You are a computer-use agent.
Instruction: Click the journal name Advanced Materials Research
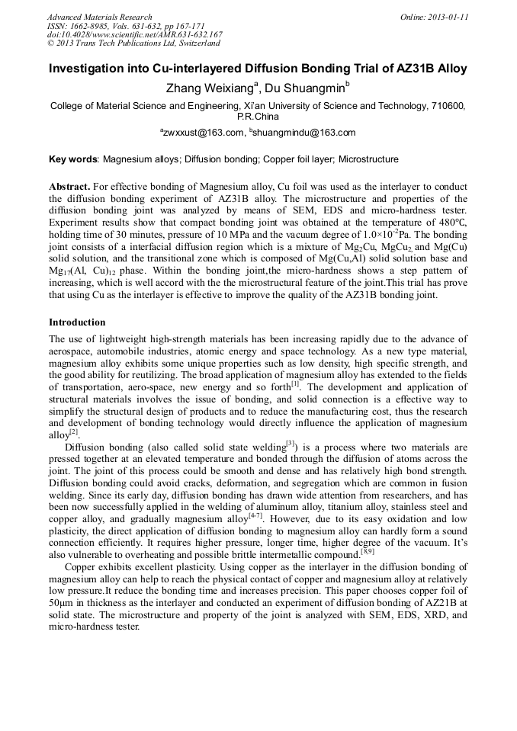click(x=99, y=17)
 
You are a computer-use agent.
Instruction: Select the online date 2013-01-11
click(x=445, y=17)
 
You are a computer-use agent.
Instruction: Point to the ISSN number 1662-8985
click(x=90, y=26)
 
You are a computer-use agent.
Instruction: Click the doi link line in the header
click(x=135, y=34)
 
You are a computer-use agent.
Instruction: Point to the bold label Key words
click(x=73, y=159)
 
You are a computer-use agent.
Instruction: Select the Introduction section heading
click(x=77, y=322)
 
